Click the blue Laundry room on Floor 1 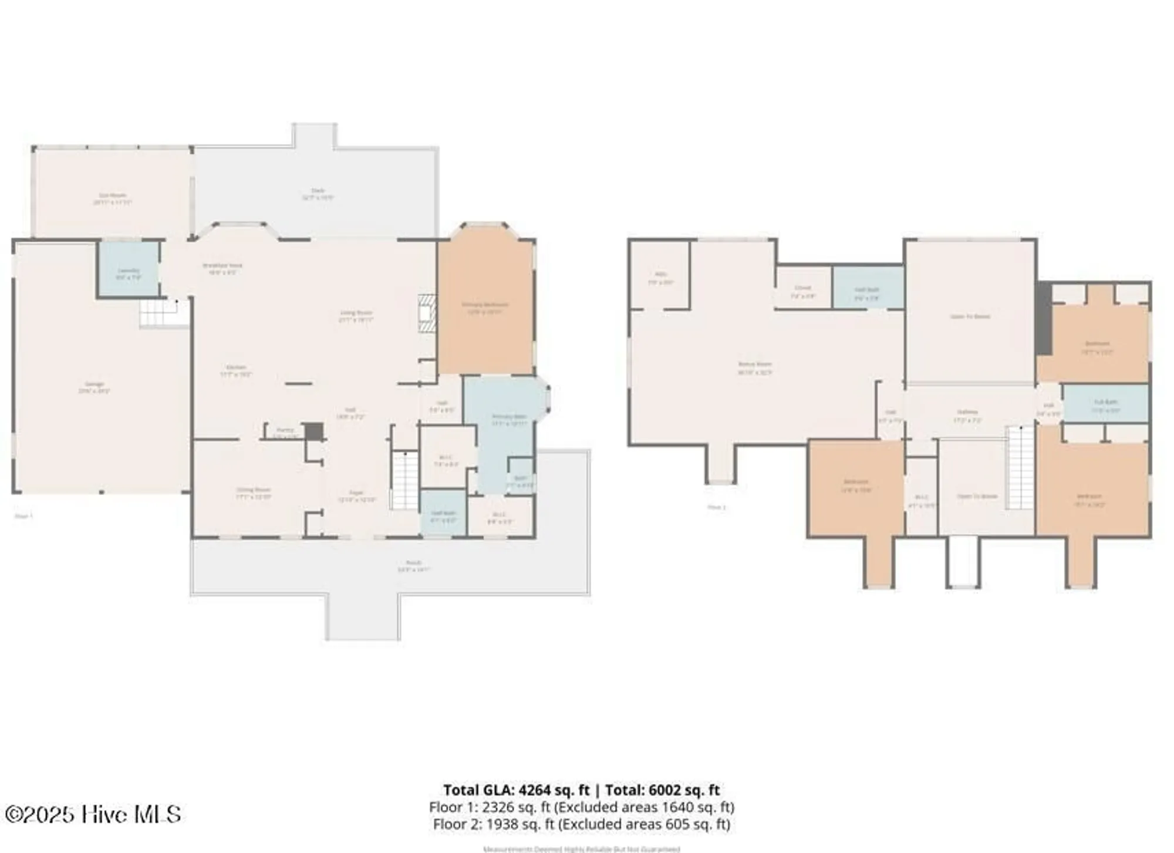click(x=129, y=270)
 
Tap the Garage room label click(x=95, y=387)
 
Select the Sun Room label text click(x=112, y=198)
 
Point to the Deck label click(x=318, y=194)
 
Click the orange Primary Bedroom click(x=485, y=305)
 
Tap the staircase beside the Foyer click(x=404, y=480)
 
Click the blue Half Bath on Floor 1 click(x=443, y=515)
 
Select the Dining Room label click(x=254, y=493)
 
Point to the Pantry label click(x=285, y=431)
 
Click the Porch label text click(x=414, y=565)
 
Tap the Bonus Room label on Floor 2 click(x=755, y=368)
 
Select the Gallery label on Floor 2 click(x=967, y=416)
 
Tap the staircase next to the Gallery click(x=1020, y=467)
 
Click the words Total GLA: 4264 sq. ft click(x=516, y=790)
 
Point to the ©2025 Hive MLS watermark click(x=93, y=814)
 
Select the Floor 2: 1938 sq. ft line click(x=581, y=824)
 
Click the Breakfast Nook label click(x=222, y=268)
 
